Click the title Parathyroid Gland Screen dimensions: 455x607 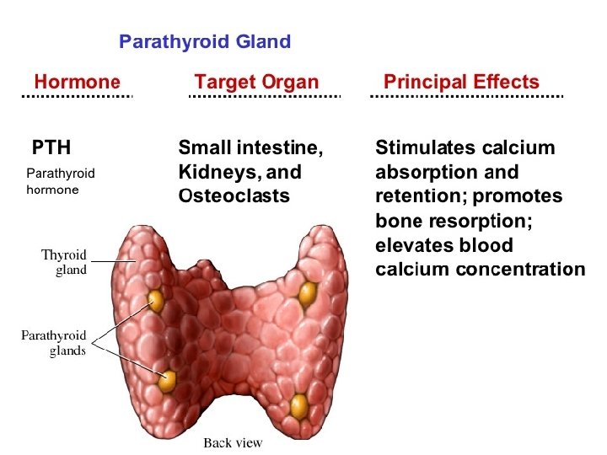pos(204,41)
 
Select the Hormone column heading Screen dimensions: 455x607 pos(77,82)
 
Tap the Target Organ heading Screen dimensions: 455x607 pos(256,82)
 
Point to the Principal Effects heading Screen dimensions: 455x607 pos(461,82)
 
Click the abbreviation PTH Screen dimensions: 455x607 pos(51,149)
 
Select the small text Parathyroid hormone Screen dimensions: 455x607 pos(61,181)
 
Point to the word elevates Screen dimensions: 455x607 pos(411,245)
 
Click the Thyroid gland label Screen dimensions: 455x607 pos(64,262)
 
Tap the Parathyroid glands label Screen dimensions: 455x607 pos(53,343)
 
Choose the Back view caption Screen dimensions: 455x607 pos(233,443)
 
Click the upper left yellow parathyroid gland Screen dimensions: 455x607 pos(156,300)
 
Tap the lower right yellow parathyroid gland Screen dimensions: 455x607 pos(298,406)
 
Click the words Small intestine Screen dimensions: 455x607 pos(250,149)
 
